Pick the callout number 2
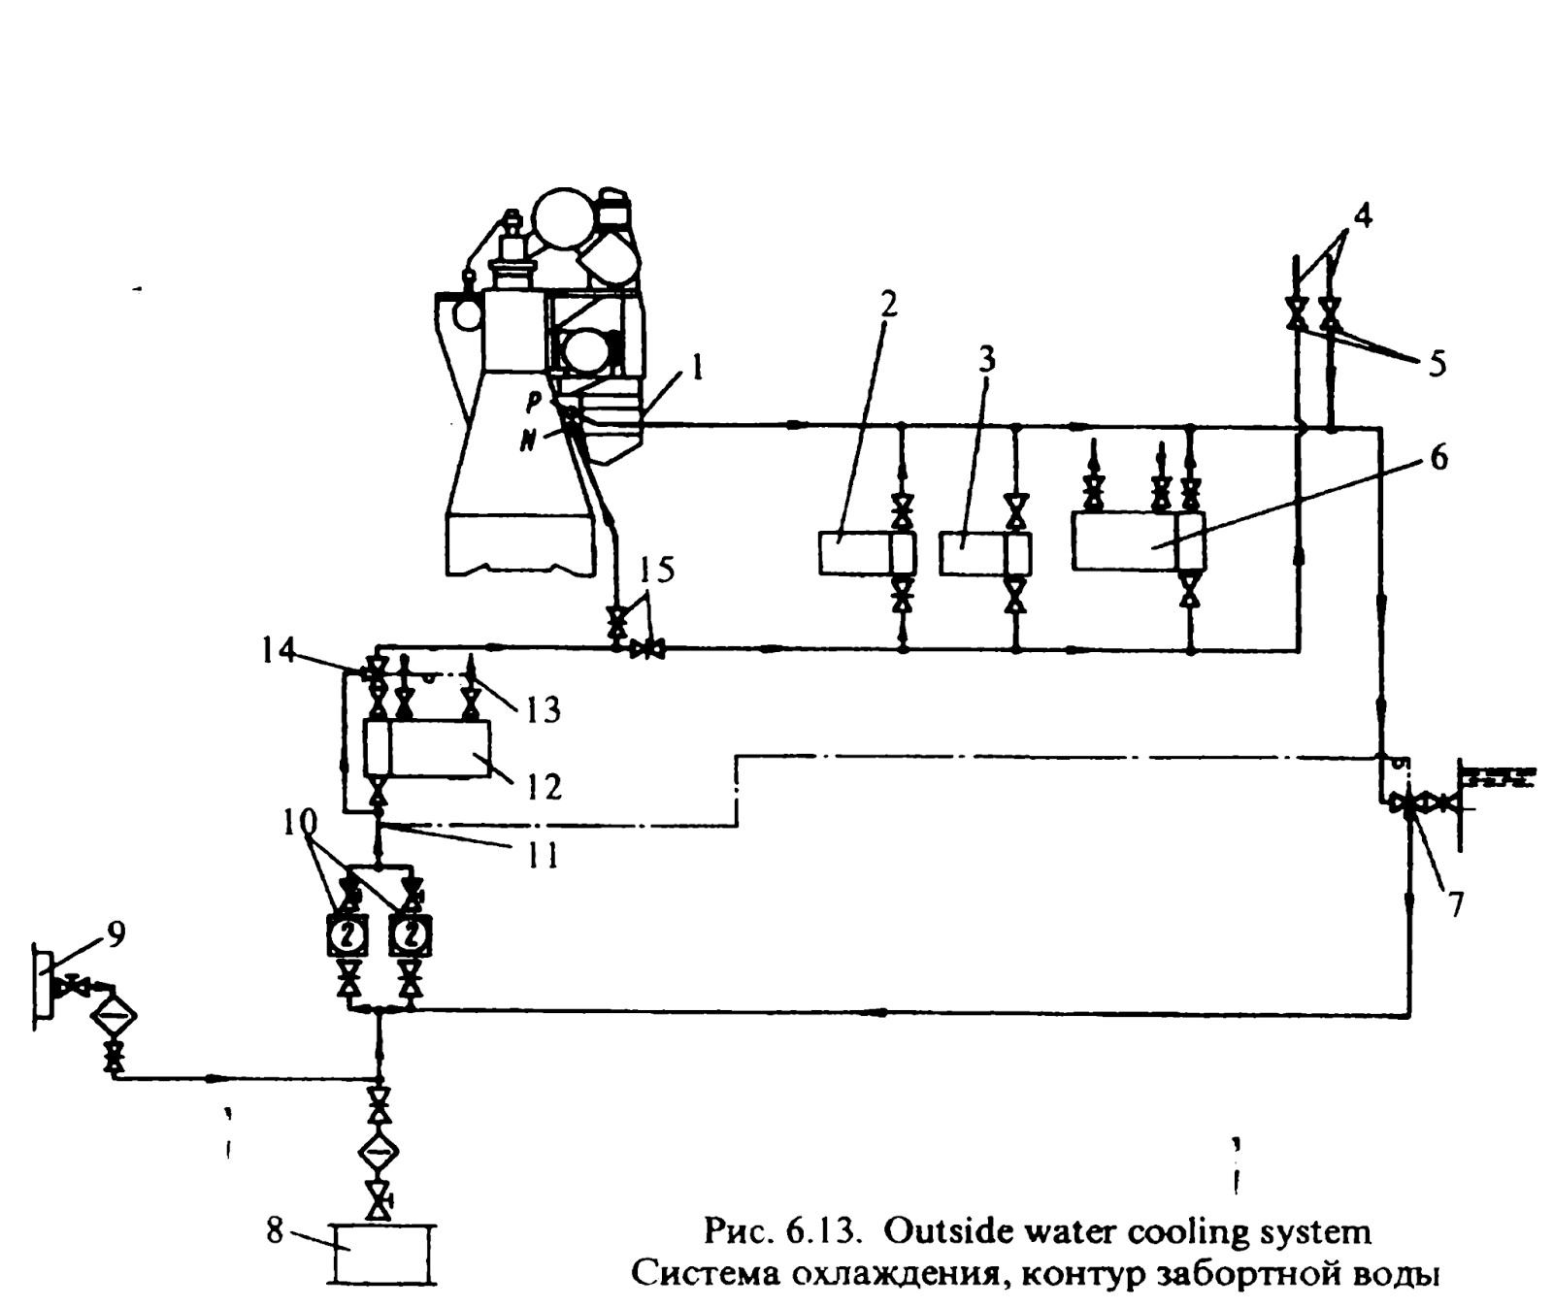coord(888,305)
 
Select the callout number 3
coord(986,361)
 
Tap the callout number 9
coord(116,934)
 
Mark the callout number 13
coord(544,709)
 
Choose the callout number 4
coord(1363,215)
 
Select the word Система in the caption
coord(696,1272)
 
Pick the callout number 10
coord(300,821)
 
